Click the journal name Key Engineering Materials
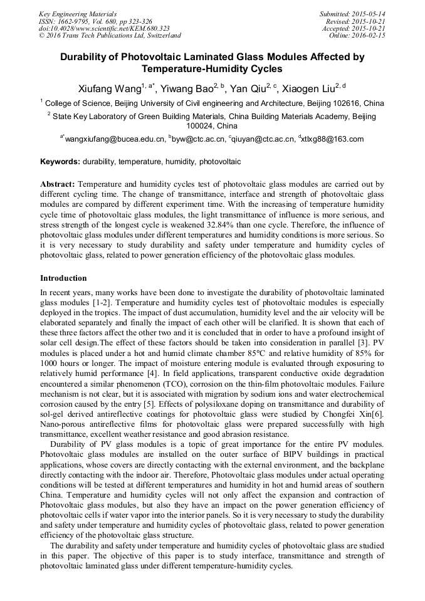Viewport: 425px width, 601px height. click(x=78, y=13)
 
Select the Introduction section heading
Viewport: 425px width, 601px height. click(x=63, y=278)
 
